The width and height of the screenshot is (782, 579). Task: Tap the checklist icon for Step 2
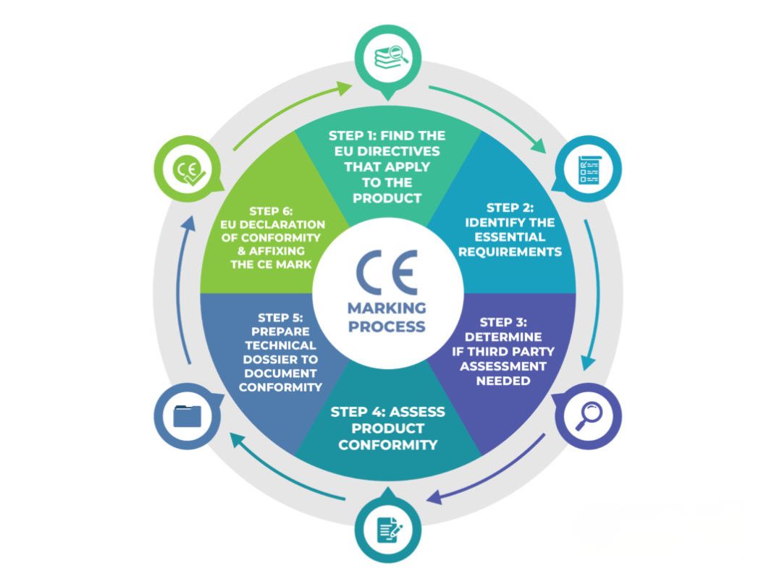pos(588,169)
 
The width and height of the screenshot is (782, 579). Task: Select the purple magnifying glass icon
pos(588,416)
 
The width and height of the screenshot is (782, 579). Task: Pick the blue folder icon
pos(186,416)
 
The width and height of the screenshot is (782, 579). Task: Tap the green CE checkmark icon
pos(186,171)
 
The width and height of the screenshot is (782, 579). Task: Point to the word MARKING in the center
pos(387,308)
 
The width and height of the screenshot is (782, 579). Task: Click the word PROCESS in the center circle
pos(387,326)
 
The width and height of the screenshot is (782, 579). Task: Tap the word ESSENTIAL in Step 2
pos(513,237)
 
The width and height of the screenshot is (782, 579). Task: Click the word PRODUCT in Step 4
pos(387,428)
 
